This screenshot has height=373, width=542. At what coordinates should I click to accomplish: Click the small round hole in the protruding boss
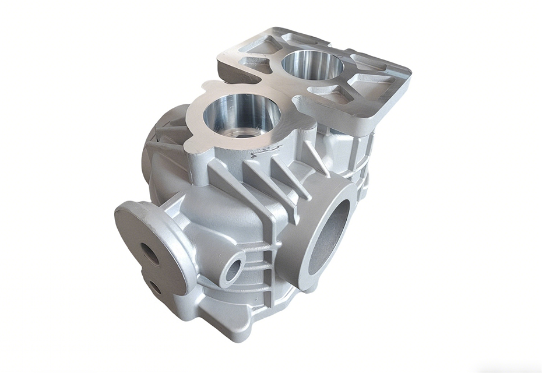click(x=233, y=269)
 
